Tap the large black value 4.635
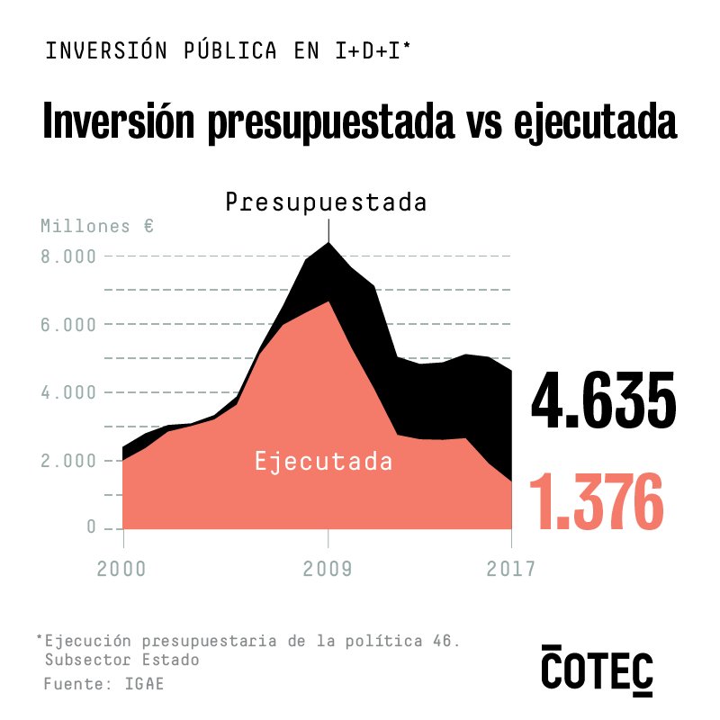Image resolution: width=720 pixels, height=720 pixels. [603, 401]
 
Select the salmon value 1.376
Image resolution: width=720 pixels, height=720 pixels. [597, 500]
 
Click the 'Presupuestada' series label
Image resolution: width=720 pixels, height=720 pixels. [326, 202]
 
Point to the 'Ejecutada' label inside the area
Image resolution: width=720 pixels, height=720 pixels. [324, 463]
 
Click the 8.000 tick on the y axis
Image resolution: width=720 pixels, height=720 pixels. [68, 256]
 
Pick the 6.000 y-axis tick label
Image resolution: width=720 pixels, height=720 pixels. [68, 324]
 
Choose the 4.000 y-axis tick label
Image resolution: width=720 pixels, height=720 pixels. [68, 392]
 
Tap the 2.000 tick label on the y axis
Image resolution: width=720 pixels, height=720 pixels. [68, 461]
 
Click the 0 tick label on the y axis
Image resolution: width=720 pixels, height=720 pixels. [91, 527]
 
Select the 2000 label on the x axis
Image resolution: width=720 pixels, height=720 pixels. [122, 569]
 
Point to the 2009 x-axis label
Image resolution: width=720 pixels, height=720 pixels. [328, 569]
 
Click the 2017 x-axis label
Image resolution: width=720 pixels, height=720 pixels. [510, 569]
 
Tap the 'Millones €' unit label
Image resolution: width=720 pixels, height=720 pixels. [97, 226]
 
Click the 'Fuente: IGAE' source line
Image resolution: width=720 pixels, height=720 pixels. [103, 685]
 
